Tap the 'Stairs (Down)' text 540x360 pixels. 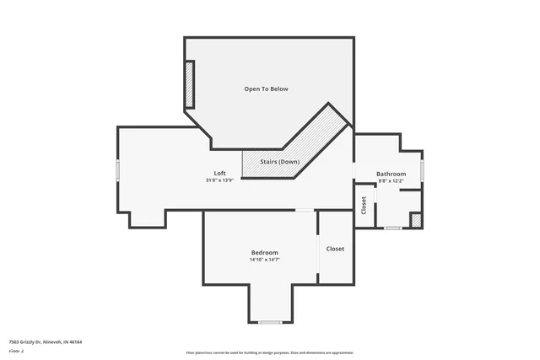tap(279, 161)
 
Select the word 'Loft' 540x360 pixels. tap(219, 173)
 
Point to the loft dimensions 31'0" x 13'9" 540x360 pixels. tap(219, 180)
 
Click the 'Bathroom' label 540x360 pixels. tap(391, 174)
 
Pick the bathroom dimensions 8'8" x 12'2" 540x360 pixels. tap(391, 181)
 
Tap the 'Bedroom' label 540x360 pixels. tap(264, 253)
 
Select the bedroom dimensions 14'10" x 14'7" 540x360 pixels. tap(264, 260)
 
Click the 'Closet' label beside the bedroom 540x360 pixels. tap(335, 249)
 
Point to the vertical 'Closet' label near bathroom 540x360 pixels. tap(364, 205)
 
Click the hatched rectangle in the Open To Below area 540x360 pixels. tap(190, 84)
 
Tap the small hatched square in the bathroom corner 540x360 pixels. tap(416, 220)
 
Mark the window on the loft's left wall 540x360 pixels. tap(118, 170)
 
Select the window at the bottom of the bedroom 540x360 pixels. tap(270, 321)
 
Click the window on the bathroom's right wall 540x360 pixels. tap(422, 169)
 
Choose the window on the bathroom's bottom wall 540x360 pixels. tap(392, 228)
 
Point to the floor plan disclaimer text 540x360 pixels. tap(269, 352)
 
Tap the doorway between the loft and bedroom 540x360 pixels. tap(305, 210)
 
